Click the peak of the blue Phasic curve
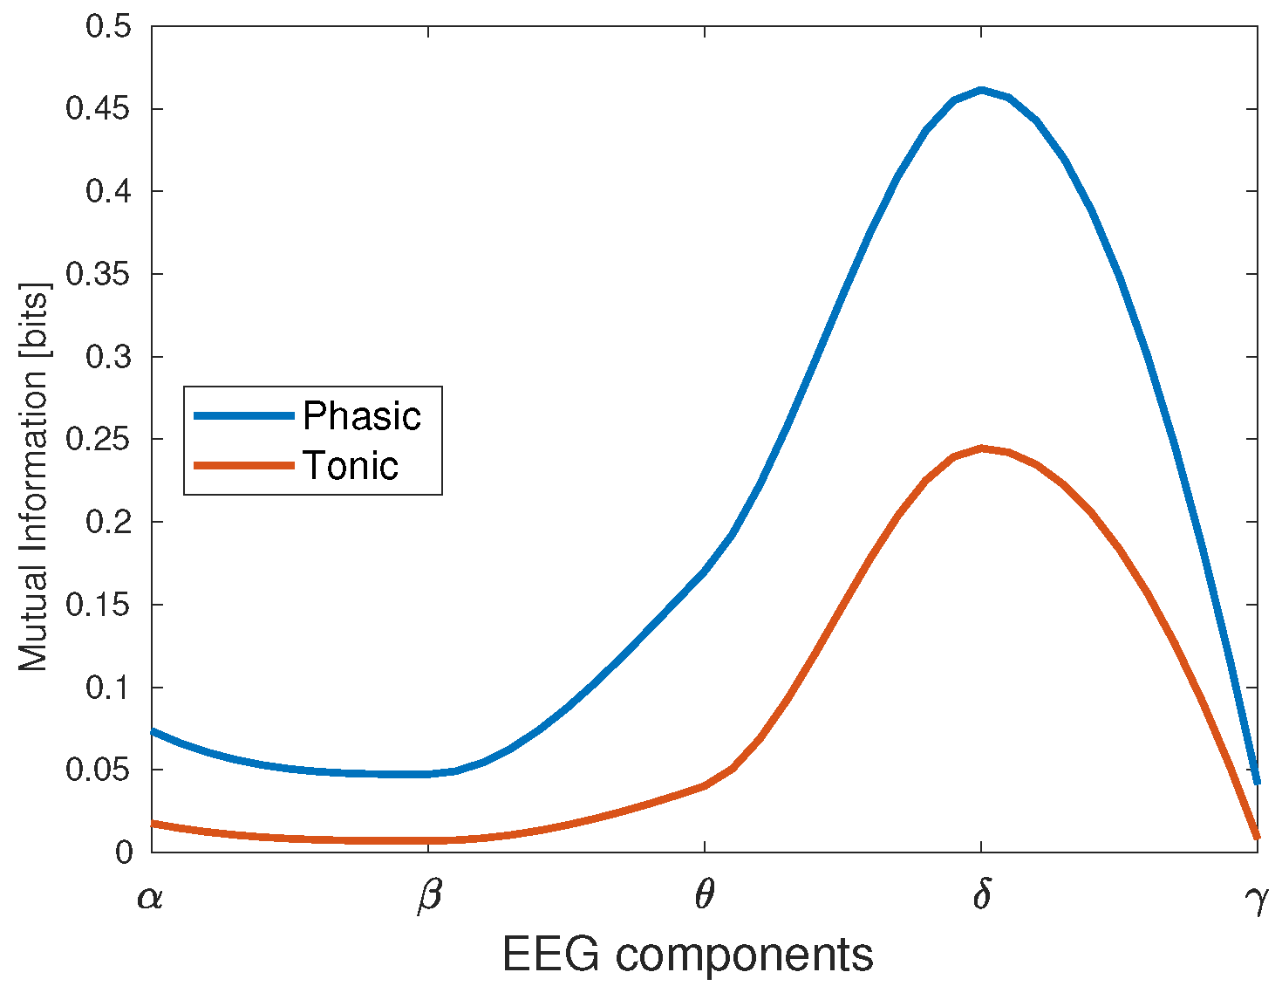[981, 90]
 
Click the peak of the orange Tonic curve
[981, 448]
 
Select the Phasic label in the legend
[362, 416]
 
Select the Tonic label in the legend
[351, 466]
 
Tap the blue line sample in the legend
[243, 416]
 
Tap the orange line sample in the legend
[243, 466]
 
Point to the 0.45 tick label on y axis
[99, 109]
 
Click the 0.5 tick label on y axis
[109, 26]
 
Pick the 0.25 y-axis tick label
[99, 439]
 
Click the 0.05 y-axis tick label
[99, 770]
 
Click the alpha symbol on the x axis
[150, 898]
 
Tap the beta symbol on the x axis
[428, 898]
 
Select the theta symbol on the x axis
[705, 896]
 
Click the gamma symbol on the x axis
[1258, 900]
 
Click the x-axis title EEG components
[687, 955]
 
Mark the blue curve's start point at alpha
[153, 731]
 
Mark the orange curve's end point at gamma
[1257, 836]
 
